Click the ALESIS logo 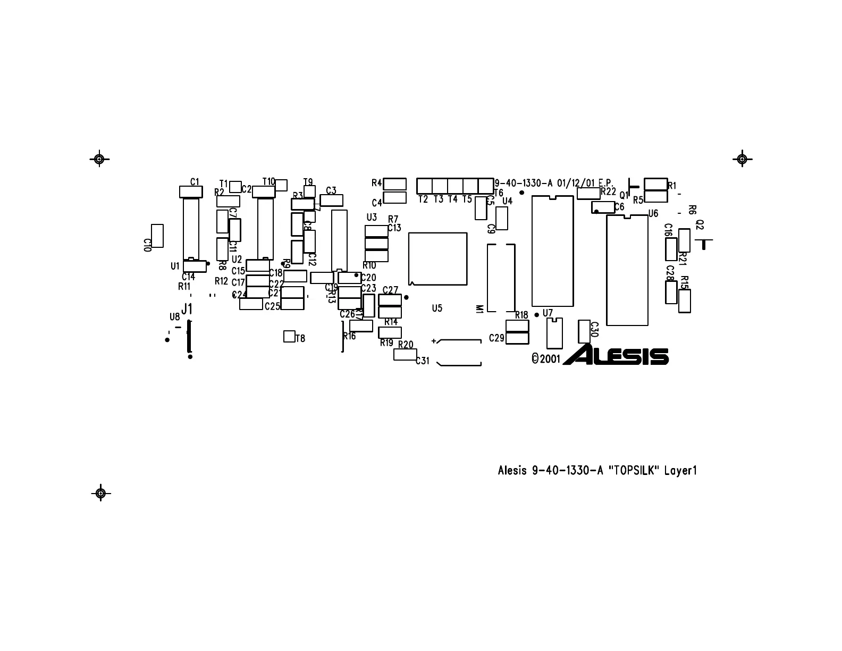pos(616,355)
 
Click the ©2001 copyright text pos(546,359)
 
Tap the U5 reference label pos(437,308)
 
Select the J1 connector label pos(187,308)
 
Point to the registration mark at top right pos(742,158)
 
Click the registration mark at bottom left pos(100,493)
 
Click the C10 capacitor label pos(148,245)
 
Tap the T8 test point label pos(300,338)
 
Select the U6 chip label pos(653,213)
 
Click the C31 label pos(422,361)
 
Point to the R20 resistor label pos(406,345)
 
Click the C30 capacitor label pos(594,330)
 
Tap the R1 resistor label pos(672,186)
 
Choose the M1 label pos(479,309)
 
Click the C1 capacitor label pos(195,181)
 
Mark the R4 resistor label pos(376,183)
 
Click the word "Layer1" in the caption pos(680,471)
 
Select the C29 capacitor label pos(496,338)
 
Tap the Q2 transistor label pos(700,225)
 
